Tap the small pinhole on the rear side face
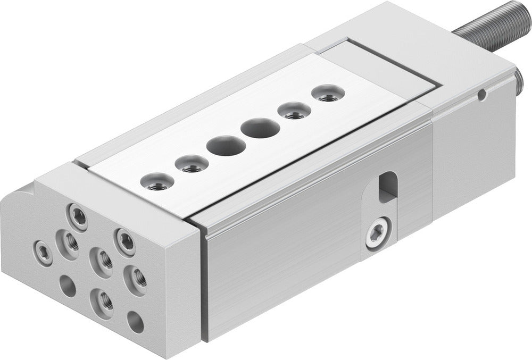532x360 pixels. [481, 96]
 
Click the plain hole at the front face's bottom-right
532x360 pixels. [135, 321]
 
